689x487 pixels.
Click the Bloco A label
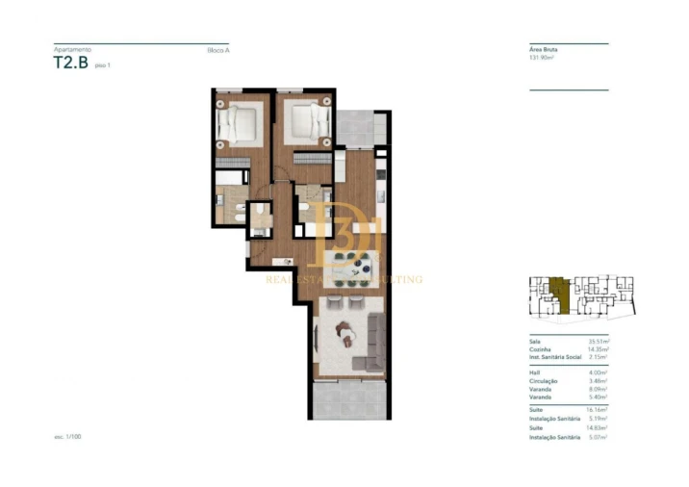217,49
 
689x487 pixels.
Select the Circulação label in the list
543,380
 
